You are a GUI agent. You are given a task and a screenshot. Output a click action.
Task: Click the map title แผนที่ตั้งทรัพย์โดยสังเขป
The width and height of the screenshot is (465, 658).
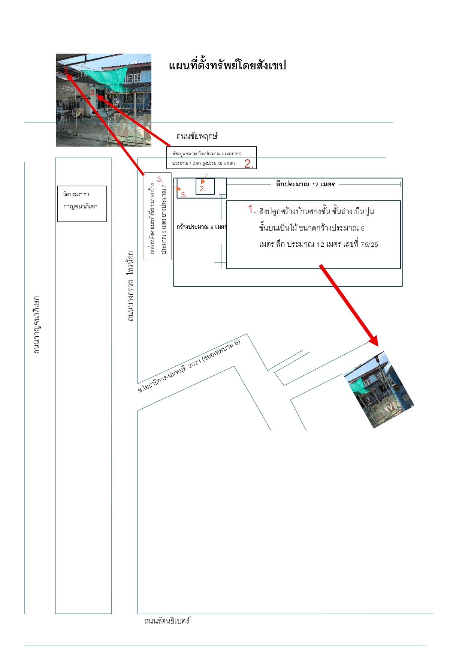click(227, 66)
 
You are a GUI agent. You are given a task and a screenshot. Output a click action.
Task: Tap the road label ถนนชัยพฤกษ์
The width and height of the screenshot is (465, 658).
click(197, 136)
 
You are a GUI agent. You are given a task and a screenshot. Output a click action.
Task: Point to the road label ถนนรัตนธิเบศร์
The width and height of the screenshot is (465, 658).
click(167, 621)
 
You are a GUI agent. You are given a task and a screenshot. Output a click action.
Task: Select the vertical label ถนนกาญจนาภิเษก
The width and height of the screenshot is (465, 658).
click(36, 325)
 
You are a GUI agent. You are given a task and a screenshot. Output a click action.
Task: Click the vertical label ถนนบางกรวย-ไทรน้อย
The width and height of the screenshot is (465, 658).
click(130, 286)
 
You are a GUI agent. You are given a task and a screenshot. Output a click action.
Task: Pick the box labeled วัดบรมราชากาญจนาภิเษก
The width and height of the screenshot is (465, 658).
click(82, 204)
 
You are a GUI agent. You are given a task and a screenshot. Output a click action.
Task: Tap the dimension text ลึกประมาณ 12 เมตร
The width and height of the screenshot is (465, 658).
click(305, 184)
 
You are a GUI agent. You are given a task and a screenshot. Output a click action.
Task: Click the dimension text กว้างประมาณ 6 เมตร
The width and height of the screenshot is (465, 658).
click(202, 227)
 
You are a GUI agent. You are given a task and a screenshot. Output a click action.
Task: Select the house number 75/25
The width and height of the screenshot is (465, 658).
click(369, 244)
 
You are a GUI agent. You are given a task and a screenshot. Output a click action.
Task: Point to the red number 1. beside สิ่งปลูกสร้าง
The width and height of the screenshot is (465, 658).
click(252, 209)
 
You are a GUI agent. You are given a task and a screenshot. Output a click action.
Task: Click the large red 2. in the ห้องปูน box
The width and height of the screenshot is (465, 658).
click(249, 163)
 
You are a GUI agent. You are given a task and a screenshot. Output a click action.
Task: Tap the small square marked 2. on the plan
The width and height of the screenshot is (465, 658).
click(205, 186)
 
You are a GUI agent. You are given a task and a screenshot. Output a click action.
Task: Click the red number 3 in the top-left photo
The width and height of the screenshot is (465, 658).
click(65, 70)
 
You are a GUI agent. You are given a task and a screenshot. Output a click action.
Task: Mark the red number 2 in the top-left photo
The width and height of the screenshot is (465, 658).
click(92, 93)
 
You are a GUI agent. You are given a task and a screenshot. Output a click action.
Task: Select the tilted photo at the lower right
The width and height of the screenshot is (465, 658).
click(379, 390)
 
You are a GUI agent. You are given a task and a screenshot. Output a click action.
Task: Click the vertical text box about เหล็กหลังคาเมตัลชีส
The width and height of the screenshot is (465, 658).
click(158, 216)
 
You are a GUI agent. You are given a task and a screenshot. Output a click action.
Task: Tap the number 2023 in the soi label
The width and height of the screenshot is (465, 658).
click(194, 363)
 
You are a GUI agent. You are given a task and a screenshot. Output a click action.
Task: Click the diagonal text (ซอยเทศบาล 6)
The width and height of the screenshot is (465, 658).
click(221, 350)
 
